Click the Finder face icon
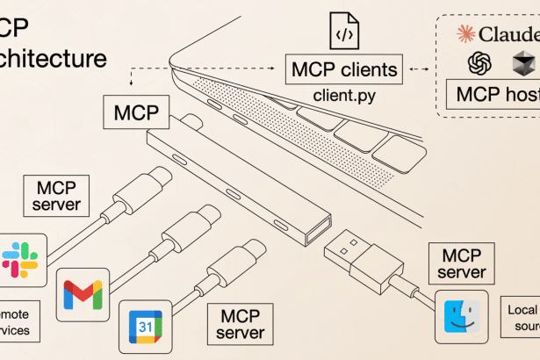point(461,317)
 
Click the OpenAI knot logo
point(479,63)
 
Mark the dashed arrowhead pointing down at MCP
point(130,86)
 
